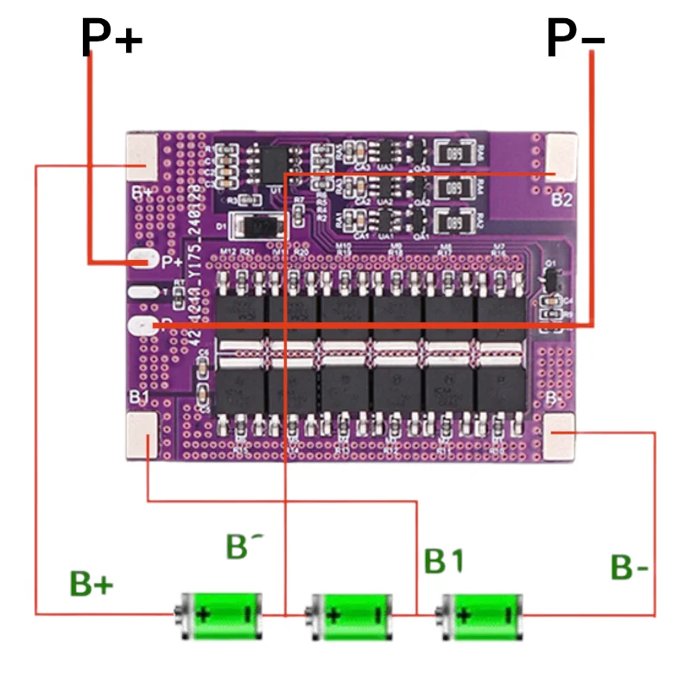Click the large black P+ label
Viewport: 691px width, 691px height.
point(111,38)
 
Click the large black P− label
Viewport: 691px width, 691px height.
point(575,38)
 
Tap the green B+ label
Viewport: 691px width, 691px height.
point(92,585)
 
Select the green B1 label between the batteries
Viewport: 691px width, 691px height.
point(444,561)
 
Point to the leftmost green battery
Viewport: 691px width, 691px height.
point(219,615)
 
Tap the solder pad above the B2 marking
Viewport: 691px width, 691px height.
point(561,158)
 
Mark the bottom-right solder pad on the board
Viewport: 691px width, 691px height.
point(561,436)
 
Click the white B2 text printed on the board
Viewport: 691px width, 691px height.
point(562,199)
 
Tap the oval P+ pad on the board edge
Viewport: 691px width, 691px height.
point(141,259)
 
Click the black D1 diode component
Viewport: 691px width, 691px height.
point(260,226)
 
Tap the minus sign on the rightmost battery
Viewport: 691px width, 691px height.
point(510,616)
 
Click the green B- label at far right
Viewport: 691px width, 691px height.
point(630,567)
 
